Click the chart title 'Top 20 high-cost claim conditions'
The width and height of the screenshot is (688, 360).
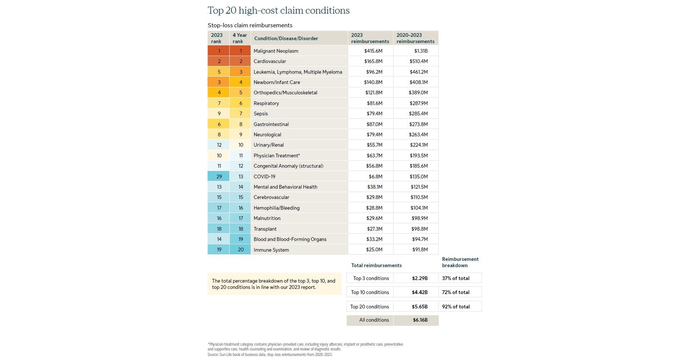tap(278, 10)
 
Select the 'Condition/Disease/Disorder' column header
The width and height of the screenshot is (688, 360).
tap(286, 38)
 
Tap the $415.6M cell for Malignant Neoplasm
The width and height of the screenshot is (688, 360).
tap(373, 51)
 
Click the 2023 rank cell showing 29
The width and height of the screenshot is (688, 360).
tap(219, 177)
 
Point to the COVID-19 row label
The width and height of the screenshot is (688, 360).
tap(264, 177)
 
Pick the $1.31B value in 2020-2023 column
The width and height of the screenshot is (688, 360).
tap(421, 51)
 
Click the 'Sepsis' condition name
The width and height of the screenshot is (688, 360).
tap(261, 114)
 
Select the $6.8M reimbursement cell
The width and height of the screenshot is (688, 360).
tap(375, 177)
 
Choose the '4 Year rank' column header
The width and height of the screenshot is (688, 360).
tap(240, 38)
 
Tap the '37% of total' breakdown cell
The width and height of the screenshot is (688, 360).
tap(456, 278)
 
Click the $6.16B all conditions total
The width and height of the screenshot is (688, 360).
tap(420, 320)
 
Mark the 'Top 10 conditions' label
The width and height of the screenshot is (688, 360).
tap(370, 292)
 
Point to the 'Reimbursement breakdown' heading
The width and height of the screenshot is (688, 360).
tap(460, 262)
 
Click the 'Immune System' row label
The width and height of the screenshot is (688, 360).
tap(271, 250)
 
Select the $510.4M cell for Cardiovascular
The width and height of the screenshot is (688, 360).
tap(418, 61)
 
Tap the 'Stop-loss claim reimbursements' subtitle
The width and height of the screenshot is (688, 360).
tap(250, 25)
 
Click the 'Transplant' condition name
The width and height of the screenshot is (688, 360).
tap(265, 229)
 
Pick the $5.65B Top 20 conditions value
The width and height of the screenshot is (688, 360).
tap(420, 307)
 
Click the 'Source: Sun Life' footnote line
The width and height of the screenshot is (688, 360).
tap(270, 355)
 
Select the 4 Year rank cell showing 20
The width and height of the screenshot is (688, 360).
tap(241, 250)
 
